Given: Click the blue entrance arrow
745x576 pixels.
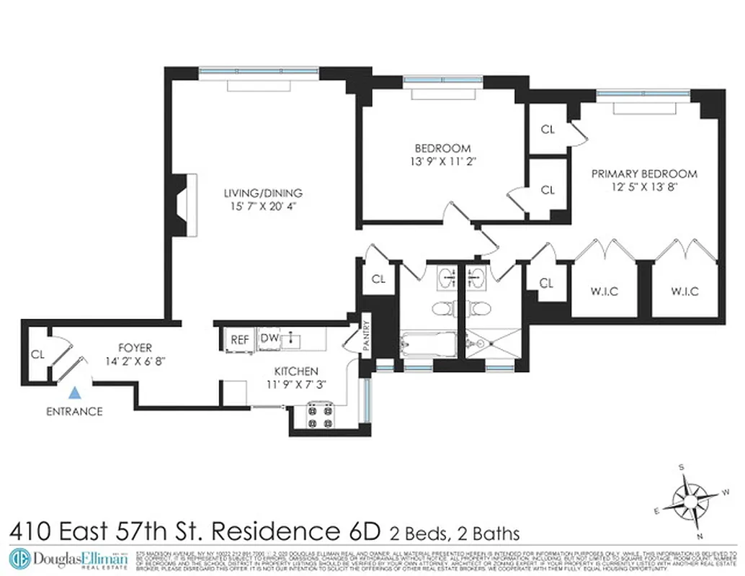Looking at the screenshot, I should [x=74, y=393].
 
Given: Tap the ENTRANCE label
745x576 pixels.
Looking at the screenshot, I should [x=74, y=412].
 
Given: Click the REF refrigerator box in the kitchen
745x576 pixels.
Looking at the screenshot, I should [x=238, y=339].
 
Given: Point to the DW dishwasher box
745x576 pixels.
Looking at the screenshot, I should [x=269, y=338].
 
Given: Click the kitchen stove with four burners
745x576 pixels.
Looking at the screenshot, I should [x=318, y=416].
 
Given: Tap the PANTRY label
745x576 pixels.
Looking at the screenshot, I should [x=366, y=336].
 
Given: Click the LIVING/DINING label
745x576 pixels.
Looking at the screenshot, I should [x=262, y=193].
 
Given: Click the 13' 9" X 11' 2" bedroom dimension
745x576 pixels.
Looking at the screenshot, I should [x=442, y=161].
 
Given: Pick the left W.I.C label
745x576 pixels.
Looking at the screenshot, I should [x=603, y=291].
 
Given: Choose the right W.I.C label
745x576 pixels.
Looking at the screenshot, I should [x=684, y=291].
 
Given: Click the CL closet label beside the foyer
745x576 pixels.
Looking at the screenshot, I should [x=37, y=354].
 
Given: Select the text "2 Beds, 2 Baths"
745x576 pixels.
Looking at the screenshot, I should [x=454, y=534].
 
